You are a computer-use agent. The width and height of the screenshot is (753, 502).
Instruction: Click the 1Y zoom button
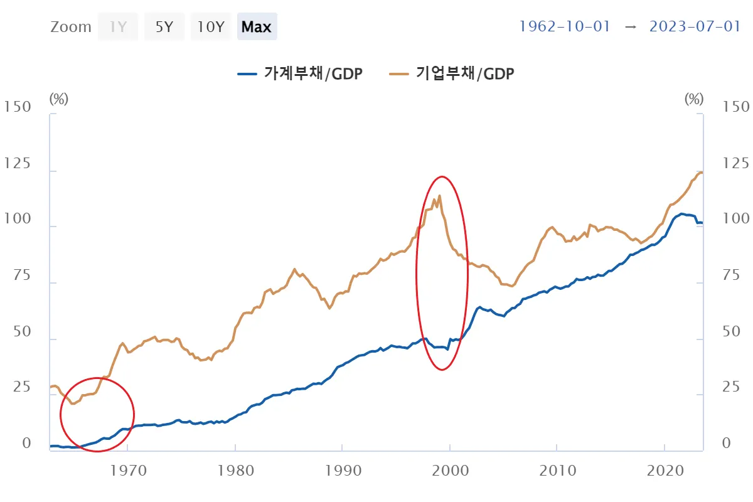pos(117,27)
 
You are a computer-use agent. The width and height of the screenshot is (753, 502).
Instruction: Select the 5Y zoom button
pos(164,27)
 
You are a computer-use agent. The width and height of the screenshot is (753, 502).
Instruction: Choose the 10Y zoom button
pos(211,27)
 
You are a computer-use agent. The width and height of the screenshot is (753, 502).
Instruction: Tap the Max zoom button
pos(257,27)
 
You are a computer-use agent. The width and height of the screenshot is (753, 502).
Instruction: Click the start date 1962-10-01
pos(564,27)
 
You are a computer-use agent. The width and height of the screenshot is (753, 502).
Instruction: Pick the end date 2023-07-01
pos(695,27)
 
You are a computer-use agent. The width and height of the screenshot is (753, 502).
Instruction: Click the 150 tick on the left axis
pos(17,107)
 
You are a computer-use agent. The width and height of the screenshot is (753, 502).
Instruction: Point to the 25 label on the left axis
pos(17,388)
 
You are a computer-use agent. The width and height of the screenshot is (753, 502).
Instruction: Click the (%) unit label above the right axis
pos(694,99)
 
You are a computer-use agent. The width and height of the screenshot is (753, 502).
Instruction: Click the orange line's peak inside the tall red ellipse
pos(439,195)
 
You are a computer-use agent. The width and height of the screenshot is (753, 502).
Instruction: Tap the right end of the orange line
pos(702,173)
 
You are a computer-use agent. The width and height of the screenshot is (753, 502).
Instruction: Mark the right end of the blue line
pos(702,223)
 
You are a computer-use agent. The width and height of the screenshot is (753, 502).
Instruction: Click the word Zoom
pos(71,27)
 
